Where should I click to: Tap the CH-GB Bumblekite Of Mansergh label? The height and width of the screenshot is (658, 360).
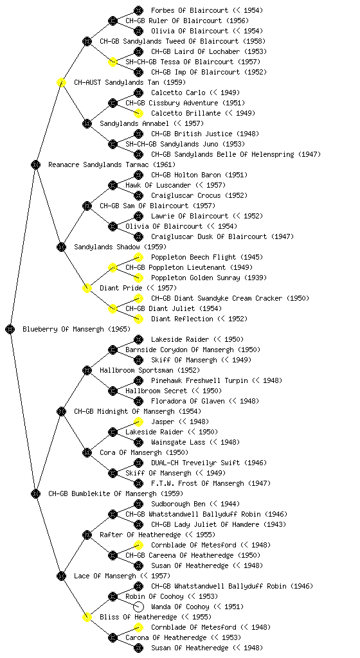click(x=102, y=493)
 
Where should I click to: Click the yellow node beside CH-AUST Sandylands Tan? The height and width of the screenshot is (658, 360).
click(x=61, y=82)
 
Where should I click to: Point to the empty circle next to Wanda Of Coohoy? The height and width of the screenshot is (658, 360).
click(x=138, y=607)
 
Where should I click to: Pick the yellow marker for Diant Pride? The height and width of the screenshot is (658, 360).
click(x=87, y=288)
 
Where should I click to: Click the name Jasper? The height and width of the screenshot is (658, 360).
click(x=163, y=422)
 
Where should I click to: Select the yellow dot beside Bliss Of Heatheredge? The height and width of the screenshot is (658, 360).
click(x=87, y=617)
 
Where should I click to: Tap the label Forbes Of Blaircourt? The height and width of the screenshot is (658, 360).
click(x=190, y=10)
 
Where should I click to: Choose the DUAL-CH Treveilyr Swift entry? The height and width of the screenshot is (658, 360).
click(x=195, y=463)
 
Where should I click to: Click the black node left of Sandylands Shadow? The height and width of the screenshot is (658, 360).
click(x=61, y=247)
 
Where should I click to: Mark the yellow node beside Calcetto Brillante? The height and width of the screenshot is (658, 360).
click(x=138, y=113)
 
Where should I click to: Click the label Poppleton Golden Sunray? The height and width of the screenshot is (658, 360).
click(x=195, y=278)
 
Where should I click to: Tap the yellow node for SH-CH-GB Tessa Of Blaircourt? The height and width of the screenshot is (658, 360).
click(x=113, y=62)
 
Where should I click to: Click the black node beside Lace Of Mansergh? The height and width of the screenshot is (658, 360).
click(x=61, y=576)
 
